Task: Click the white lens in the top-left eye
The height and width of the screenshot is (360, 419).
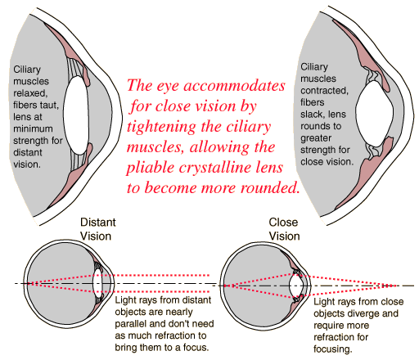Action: click(x=76, y=115)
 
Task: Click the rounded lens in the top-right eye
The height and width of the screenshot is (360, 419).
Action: click(x=374, y=114)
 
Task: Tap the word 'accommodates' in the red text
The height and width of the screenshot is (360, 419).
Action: click(x=234, y=86)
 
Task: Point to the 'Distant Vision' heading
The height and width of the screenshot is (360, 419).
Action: click(x=98, y=229)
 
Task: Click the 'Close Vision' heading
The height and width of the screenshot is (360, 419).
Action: click(x=284, y=229)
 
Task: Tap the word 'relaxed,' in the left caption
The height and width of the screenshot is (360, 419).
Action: click(x=30, y=93)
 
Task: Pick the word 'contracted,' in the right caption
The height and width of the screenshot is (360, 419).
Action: click(x=324, y=91)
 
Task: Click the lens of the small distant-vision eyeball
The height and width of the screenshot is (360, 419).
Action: click(x=97, y=283)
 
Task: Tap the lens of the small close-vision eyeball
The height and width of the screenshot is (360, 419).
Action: click(x=296, y=286)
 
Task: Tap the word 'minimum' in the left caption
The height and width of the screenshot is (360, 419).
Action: click(x=33, y=128)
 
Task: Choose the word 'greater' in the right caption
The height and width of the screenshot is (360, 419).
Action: click(x=316, y=138)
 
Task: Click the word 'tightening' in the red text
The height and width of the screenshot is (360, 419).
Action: click(x=162, y=127)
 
